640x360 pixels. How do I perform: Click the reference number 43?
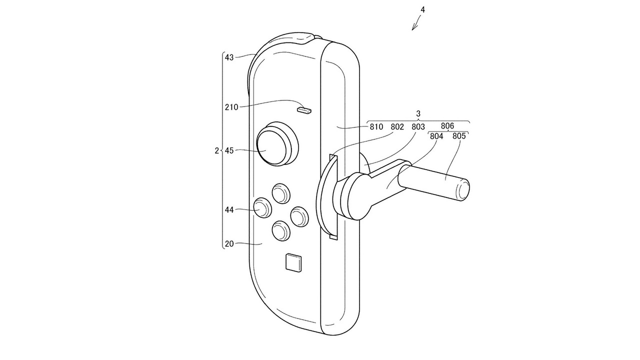[229, 57]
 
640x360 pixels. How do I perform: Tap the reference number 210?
[231, 107]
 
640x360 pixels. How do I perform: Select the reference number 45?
[229, 150]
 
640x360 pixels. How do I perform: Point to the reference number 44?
[229, 210]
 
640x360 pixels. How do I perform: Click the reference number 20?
[229, 243]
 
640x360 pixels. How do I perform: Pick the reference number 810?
[376, 126]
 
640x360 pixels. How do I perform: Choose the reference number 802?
[397, 126]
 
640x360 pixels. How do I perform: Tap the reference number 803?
[418, 126]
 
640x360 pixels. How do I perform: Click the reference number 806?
[447, 125]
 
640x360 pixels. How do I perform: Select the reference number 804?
[436, 136]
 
